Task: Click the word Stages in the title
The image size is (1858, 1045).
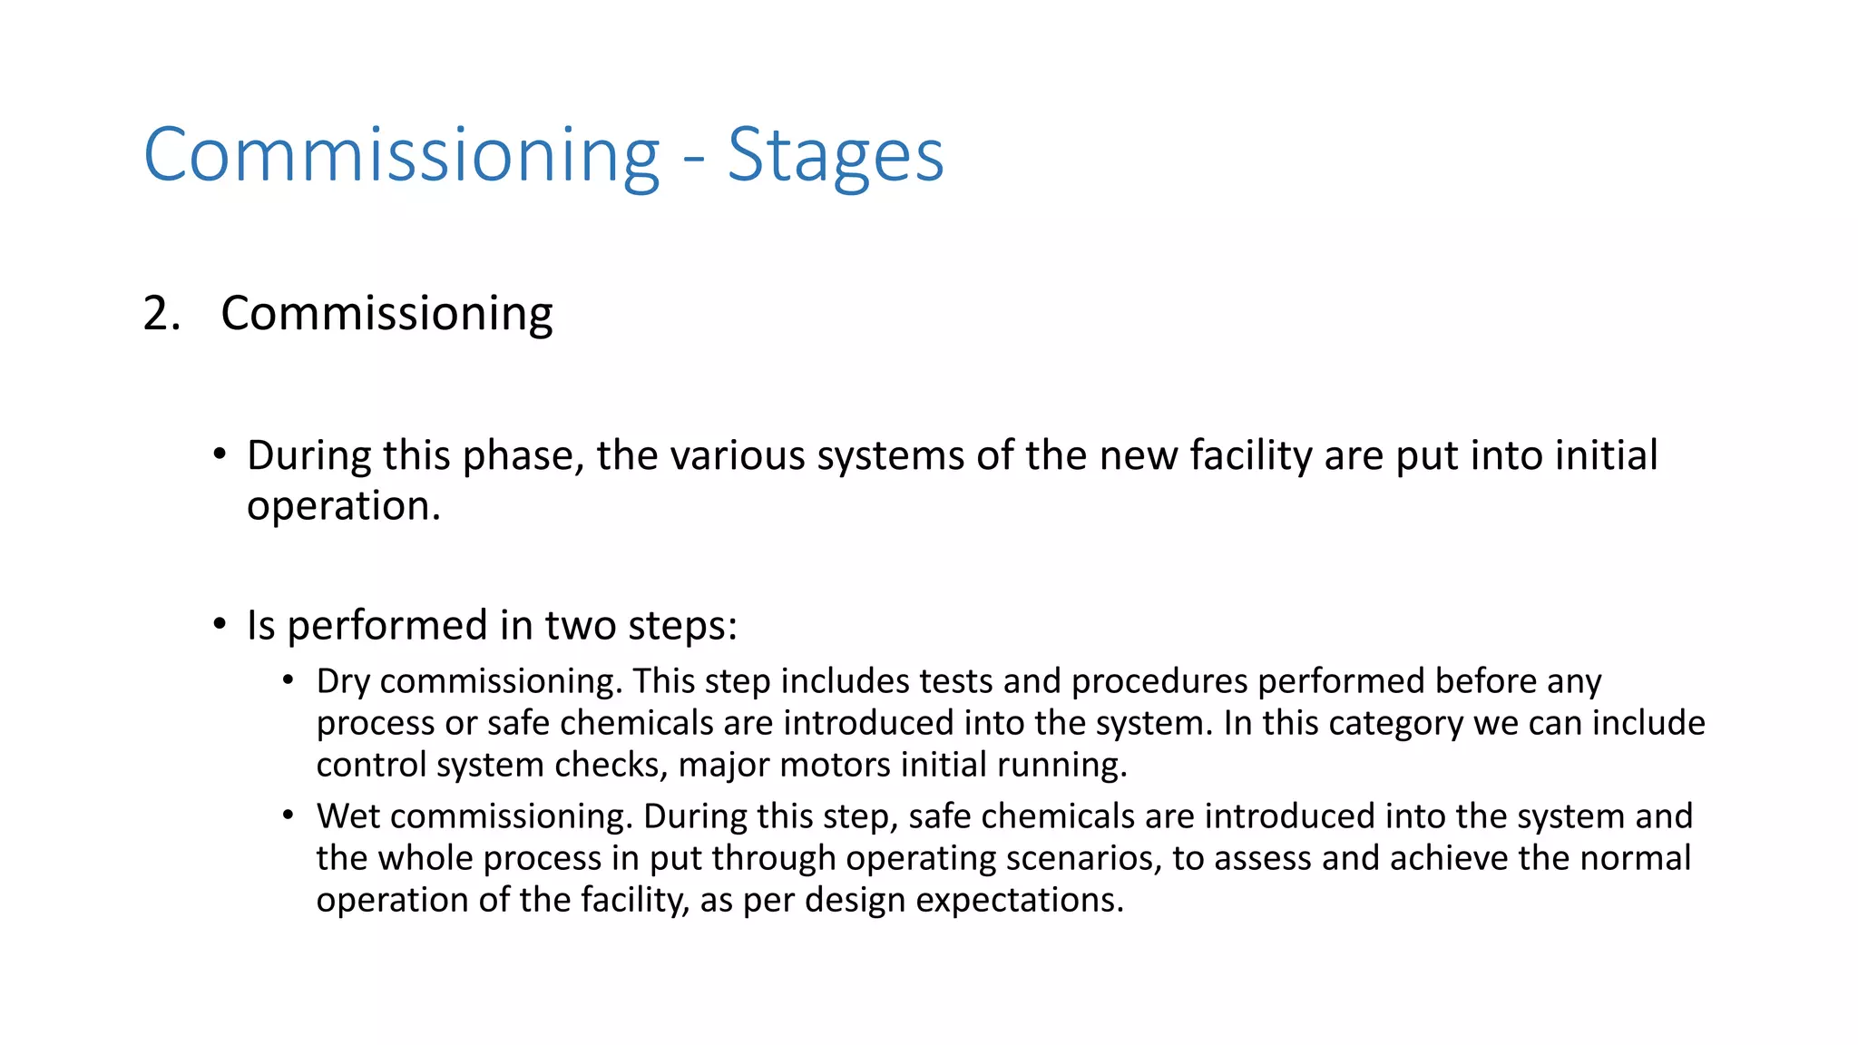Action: [x=835, y=155]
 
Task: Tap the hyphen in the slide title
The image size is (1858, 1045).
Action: [x=693, y=160]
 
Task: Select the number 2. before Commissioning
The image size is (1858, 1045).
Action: [x=162, y=314]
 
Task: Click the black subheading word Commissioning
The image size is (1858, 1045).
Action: [x=386, y=314]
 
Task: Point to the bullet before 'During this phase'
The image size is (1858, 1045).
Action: [x=220, y=454]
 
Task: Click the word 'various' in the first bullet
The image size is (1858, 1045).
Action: [x=738, y=454]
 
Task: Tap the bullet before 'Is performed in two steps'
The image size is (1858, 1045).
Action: [x=220, y=624]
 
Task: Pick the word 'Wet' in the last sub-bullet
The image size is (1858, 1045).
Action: [x=347, y=816]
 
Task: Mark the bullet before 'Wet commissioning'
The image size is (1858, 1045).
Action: [x=288, y=815]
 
